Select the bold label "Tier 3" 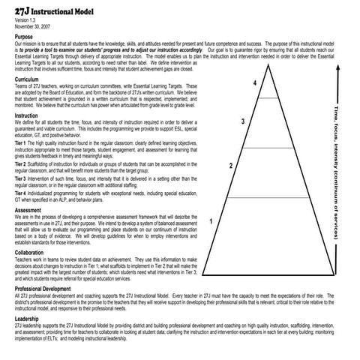(20, 179)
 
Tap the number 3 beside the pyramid (243, 121)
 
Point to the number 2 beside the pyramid (230, 166)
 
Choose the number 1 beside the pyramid (213, 221)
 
